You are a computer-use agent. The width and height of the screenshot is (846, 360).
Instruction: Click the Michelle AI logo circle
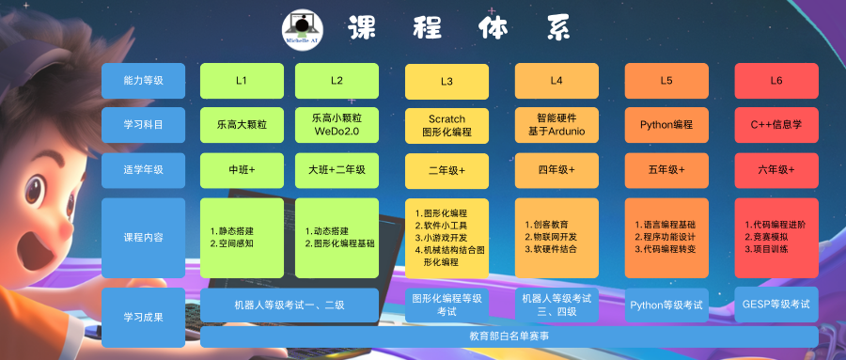point(303,30)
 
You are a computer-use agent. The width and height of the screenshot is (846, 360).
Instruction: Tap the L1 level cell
point(242,81)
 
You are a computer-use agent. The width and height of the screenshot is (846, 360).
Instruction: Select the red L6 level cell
point(776,81)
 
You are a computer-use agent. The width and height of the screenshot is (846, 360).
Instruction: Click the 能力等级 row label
point(144,81)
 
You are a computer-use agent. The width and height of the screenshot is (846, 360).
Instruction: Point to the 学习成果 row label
point(144,318)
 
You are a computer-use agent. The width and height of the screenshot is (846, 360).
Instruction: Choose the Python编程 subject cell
point(666,125)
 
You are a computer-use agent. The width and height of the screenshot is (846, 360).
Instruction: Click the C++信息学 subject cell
point(776,125)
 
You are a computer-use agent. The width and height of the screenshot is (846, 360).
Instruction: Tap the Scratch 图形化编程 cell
point(446,125)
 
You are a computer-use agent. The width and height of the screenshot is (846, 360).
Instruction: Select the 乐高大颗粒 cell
point(242,125)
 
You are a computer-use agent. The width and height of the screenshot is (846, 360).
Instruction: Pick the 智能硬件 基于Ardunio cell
point(556,125)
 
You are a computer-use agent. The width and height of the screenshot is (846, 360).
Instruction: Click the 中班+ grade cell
point(242,170)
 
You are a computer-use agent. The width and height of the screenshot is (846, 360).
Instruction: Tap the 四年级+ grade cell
point(556,170)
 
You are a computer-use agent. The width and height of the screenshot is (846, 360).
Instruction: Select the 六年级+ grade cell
point(776,170)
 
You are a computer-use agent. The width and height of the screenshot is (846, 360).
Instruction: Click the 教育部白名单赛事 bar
point(509,337)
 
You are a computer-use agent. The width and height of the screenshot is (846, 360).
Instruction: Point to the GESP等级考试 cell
point(776,305)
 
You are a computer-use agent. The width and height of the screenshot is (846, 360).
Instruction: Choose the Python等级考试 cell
point(666,305)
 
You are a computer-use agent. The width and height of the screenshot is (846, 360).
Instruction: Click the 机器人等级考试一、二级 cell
point(290,305)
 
